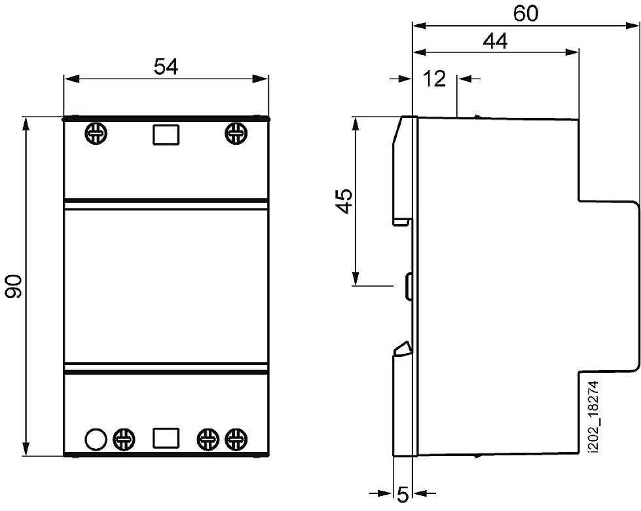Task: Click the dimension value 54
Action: [166, 67]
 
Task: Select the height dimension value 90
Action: [14, 286]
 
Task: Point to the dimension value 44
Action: [496, 41]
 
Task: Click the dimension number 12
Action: [434, 79]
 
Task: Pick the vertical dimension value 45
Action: [344, 202]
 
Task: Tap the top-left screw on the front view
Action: [96, 134]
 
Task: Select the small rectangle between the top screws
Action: [166, 134]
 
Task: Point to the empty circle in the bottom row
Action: [96, 438]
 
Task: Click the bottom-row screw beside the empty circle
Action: [124, 438]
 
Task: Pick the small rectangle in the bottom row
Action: [166, 438]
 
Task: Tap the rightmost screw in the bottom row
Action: [236, 438]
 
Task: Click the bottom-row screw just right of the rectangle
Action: [208, 438]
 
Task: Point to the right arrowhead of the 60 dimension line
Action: [632, 27]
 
